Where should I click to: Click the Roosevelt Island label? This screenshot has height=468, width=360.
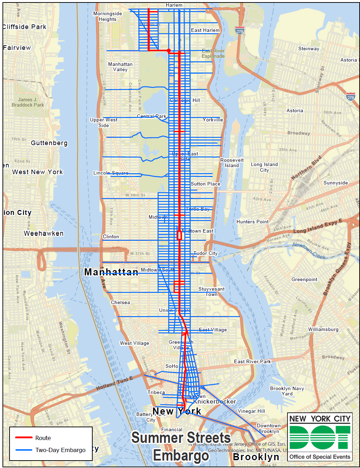[232, 163]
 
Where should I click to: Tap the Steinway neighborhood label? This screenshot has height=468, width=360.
[308, 49]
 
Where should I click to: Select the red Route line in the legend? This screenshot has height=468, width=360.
[24, 438]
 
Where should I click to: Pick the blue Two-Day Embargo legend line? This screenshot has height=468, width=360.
[24, 450]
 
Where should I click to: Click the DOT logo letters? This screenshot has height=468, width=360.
[320, 437]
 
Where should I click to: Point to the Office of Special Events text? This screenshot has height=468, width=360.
[320, 457]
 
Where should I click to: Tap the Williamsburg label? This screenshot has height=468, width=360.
[323, 329]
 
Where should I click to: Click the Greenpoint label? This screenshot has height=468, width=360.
[304, 279]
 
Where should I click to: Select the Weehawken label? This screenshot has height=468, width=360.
[43, 233]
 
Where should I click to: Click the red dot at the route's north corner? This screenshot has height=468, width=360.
[169, 51]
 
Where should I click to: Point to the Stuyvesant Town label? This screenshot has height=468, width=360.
[211, 292]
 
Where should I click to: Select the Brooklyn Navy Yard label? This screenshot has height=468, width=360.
[287, 391]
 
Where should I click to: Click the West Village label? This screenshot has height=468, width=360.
[134, 343]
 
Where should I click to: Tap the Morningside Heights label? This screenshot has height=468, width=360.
[108, 16]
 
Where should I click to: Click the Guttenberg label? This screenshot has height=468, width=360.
[49, 143]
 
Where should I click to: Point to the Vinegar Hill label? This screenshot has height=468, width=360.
[251, 411]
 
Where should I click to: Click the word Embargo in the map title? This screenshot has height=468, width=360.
[181, 455]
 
